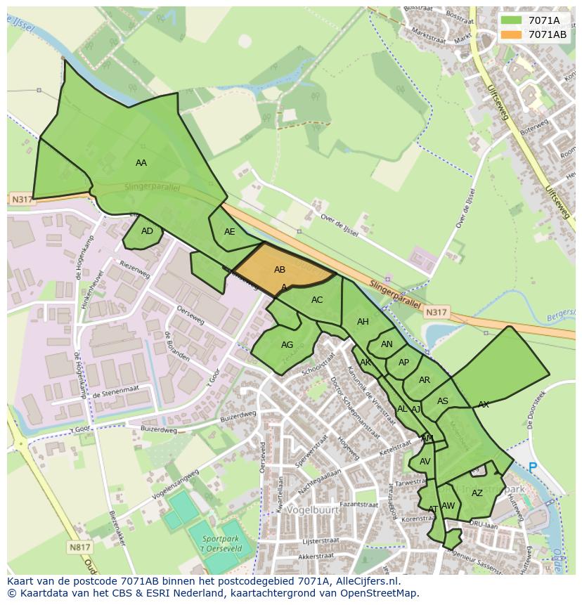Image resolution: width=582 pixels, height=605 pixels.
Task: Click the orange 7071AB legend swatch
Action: click(x=512, y=34)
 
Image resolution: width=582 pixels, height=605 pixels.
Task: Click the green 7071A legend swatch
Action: click(x=512, y=20)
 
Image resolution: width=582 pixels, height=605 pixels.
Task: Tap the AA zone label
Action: click(x=141, y=163)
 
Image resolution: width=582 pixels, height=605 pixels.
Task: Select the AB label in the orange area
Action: click(x=280, y=270)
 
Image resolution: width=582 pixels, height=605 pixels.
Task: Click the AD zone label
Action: click(x=147, y=231)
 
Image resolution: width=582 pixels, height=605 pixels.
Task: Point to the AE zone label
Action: click(x=230, y=232)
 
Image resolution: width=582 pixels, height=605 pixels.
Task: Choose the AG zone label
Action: click(x=287, y=345)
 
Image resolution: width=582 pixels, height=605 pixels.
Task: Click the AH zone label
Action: click(x=363, y=322)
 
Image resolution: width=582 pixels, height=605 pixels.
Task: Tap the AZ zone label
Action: click(x=477, y=493)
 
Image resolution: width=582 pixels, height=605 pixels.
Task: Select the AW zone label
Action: click(x=448, y=506)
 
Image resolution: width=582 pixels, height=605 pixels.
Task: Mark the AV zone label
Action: click(x=425, y=462)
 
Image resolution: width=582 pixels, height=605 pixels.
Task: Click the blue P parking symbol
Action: click(x=533, y=467)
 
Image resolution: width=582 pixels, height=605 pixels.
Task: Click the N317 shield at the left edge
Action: click(x=21, y=200)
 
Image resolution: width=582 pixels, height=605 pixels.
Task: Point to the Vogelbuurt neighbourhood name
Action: click(x=312, y=510)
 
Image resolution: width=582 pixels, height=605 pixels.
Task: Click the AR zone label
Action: click(x=425, y=380)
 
